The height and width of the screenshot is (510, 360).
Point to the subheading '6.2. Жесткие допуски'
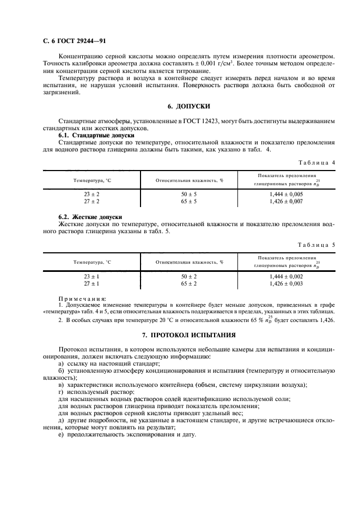point(90,217)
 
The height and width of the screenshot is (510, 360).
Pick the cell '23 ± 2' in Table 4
point(91,194)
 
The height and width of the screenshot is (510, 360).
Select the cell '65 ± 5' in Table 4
point(189,201)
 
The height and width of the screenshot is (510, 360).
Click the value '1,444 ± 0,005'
point(286,194)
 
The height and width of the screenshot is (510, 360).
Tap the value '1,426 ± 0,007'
point(286,201)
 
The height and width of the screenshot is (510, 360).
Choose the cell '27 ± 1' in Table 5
point(91,284)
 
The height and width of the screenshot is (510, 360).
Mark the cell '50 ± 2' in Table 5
point(189,277)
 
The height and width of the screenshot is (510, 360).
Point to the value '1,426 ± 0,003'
point(286,284)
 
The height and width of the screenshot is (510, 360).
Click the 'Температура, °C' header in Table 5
point(91,262)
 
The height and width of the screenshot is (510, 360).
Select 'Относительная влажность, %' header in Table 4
point(189,179)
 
